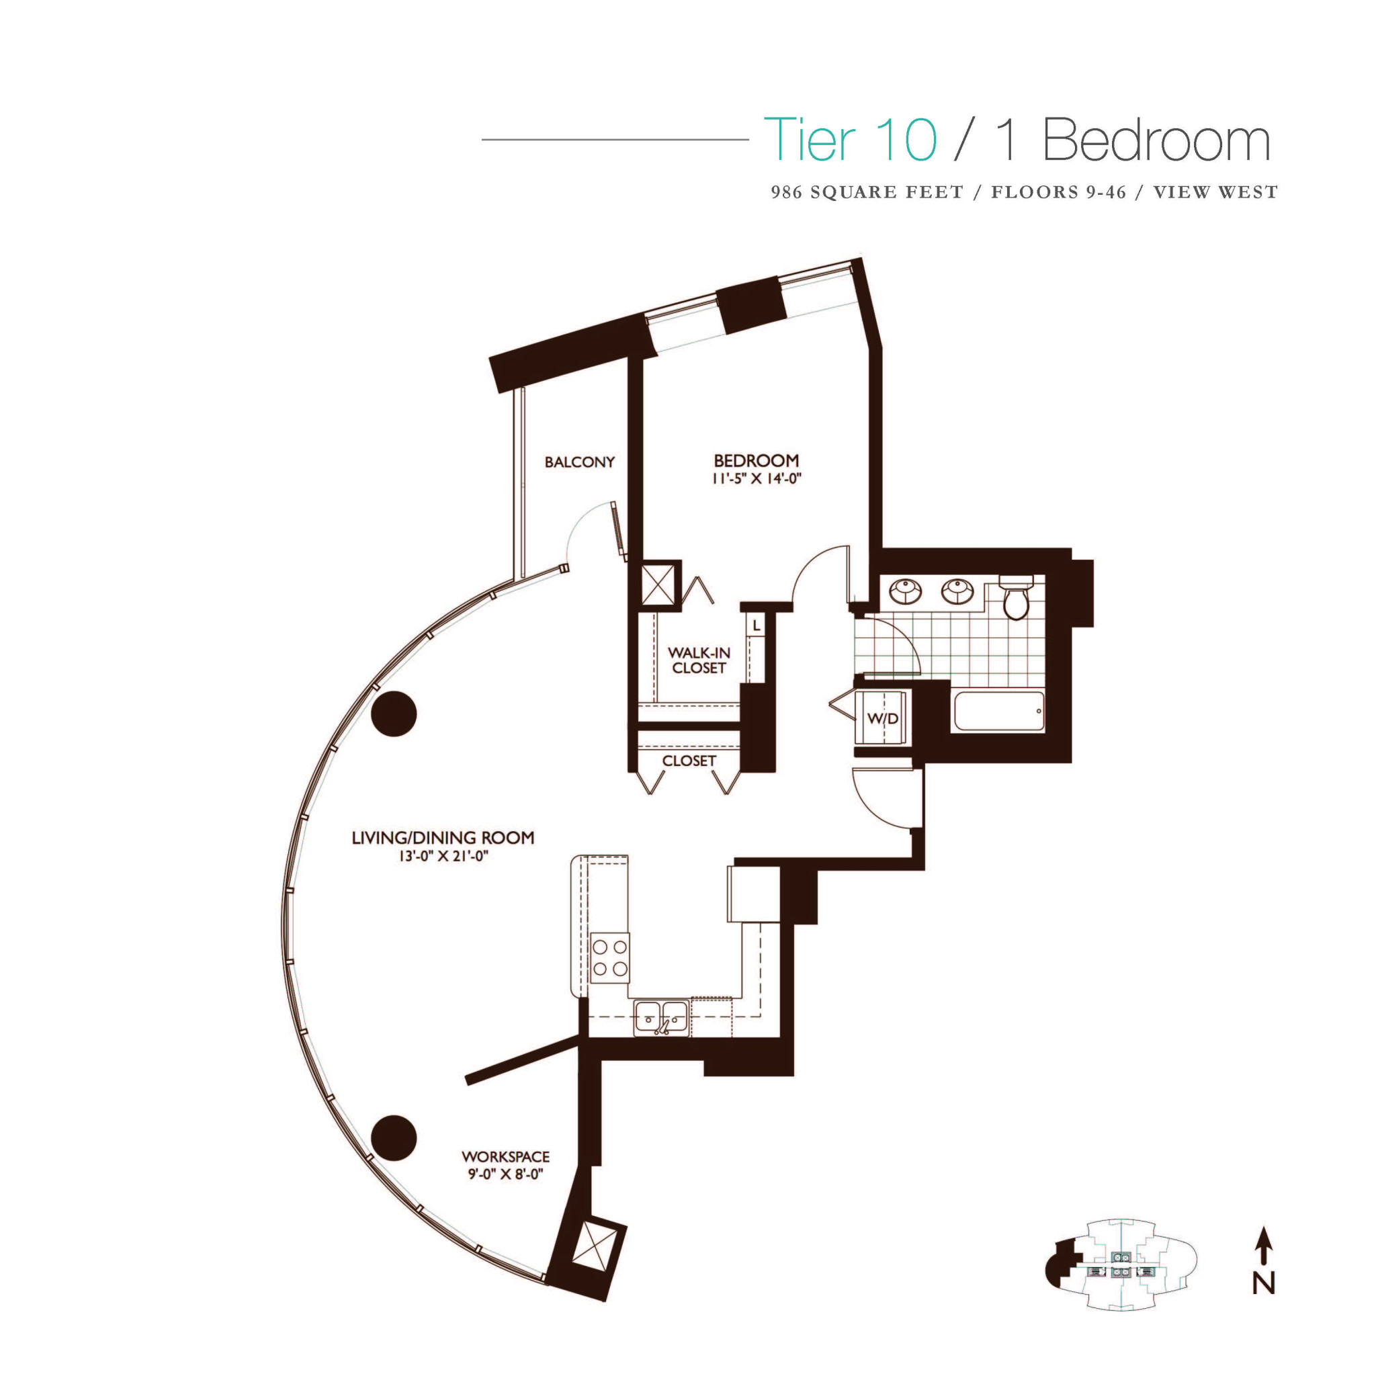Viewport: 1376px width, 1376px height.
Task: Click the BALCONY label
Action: [579, 462]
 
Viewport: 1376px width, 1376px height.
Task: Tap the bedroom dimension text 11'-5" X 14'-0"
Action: [757, 478]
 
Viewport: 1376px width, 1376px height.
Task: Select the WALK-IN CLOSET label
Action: [698, 660]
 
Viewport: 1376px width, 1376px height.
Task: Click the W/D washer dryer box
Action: [882, 718]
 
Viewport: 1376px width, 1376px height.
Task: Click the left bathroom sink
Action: [906, 591]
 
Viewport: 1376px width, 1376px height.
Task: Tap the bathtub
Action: [998, 710]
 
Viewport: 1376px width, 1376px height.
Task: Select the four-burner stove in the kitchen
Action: [610, 958]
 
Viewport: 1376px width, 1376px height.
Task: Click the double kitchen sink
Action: [662, 1017]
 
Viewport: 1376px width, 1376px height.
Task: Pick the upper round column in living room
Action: [394, 714]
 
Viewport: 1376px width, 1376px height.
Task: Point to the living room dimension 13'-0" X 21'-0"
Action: [443, 856]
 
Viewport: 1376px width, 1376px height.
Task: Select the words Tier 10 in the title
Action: [850, 140]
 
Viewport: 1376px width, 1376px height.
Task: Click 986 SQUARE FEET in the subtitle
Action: [866, 192]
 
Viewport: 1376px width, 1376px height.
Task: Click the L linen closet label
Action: [757, 626]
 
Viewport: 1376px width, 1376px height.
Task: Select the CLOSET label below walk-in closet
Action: [688, 761]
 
